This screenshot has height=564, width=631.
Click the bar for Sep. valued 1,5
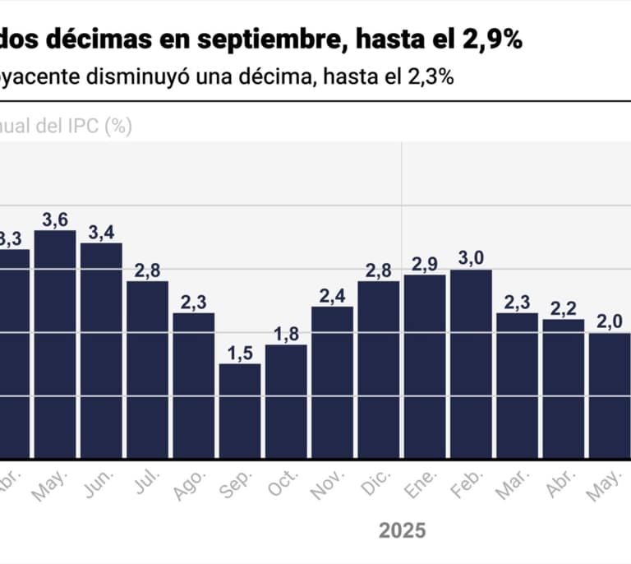pyautogui.click(x=240, y=410)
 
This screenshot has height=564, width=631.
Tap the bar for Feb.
pyautogui.click(x=471, y=363)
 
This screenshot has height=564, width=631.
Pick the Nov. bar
pyautogui.click(x=332, y=381)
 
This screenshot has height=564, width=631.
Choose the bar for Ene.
pyautogui.click(x=425, y=366)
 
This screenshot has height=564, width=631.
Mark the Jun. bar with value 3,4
pyautogui.click(x=101, y=350)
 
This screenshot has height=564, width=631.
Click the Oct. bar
pyautogui.click(x=286, y=400)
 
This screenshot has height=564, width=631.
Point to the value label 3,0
pyautogui.click(x=471, y=258)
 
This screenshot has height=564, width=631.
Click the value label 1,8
pyautogui.click(x=286, y=333)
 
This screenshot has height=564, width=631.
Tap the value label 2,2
pyautogui.click(x=563, y=308)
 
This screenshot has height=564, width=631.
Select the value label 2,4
pyautogui.click(x=332, y=295)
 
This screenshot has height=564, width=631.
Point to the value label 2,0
pyautogui.click(x=609, y=321)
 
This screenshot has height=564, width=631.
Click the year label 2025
pyautogui.click(x=403, y=530)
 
